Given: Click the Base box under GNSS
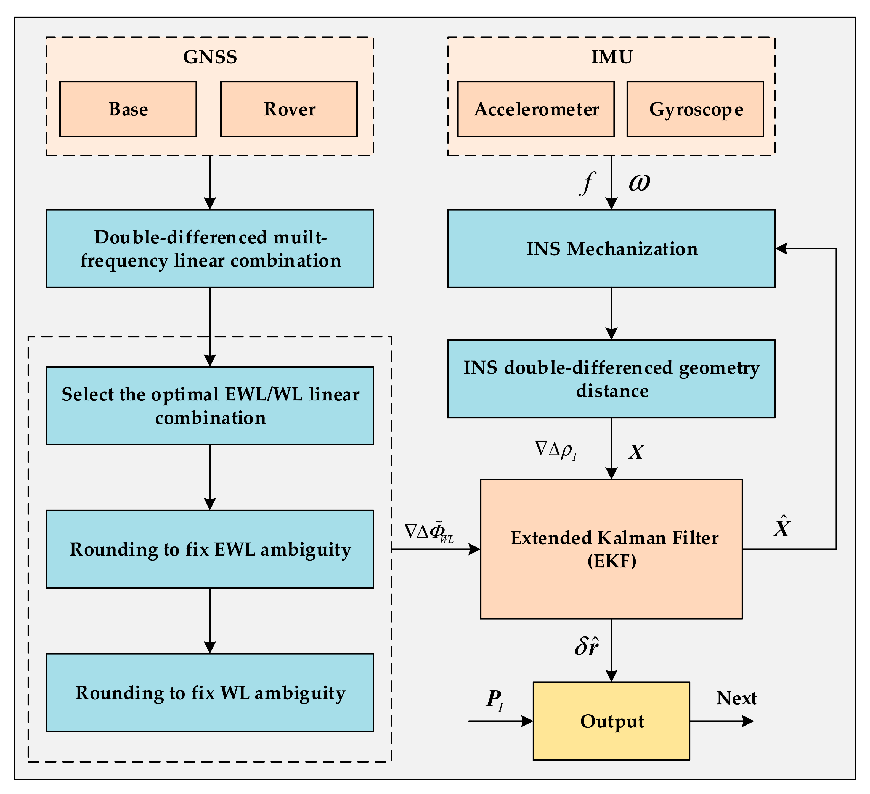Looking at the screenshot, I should (128, 109).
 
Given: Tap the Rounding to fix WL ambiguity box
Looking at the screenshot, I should (210, 693).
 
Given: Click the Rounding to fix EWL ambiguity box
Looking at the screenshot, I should (210, 549).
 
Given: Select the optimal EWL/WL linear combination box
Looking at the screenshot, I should (210, 406).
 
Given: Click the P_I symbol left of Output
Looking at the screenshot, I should (495, 700).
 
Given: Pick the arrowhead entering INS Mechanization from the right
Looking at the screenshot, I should (781, 249).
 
